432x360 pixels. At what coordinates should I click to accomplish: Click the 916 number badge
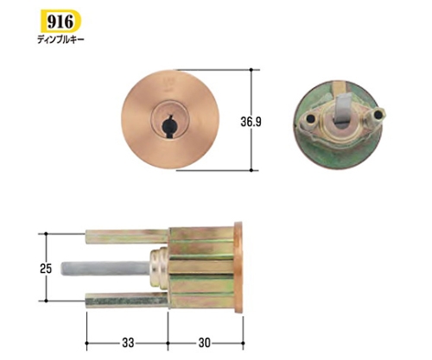click(60, 21)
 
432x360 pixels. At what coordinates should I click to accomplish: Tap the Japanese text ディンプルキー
click(60, 39)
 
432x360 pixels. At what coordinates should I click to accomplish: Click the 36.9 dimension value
click(251, 122)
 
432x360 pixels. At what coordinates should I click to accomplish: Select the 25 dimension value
click(46, 268)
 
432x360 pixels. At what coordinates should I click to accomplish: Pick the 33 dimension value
click(128, 343)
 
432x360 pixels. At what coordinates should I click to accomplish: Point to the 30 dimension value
click(205, 343)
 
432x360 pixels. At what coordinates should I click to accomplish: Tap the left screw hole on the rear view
click(310, 118)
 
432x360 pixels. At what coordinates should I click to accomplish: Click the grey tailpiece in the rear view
click(342, 109)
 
